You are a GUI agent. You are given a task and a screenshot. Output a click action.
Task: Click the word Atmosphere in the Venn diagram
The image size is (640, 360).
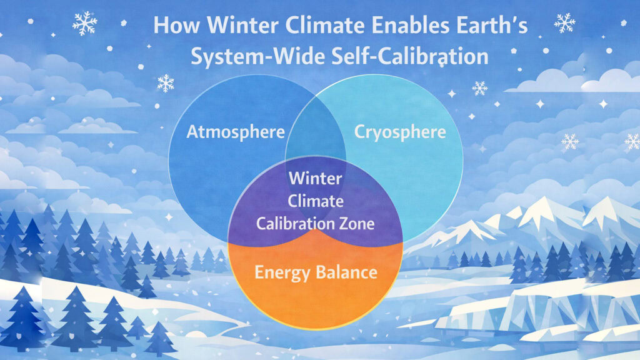(236, 132)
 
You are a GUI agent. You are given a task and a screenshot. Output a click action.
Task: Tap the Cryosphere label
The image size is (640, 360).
(400, 132)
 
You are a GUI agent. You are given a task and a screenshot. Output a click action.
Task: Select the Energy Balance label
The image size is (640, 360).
(315, 272)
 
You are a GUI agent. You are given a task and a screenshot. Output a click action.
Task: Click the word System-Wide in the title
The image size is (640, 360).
(250, 56)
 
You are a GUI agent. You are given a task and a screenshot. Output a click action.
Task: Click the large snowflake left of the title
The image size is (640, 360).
(84, 22)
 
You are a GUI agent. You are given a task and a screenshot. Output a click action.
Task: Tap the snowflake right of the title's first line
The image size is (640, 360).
(564, 22)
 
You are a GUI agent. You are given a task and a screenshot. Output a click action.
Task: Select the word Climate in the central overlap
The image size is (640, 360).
(315, 201)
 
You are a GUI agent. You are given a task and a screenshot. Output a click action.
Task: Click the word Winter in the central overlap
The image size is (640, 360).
(315, 179)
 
